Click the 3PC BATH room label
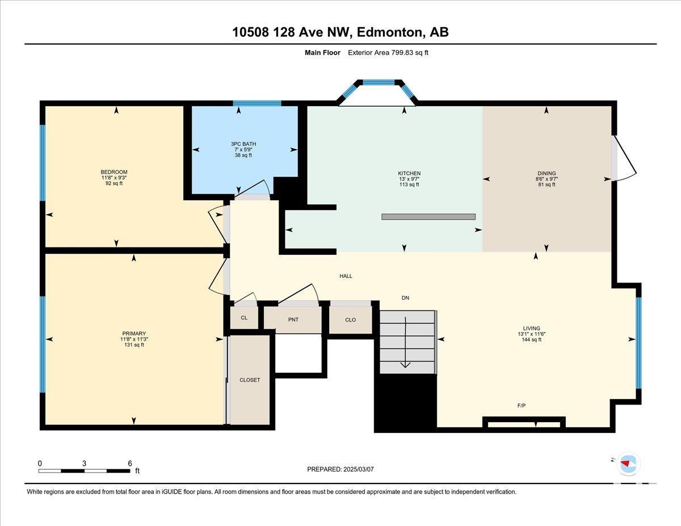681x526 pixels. coord(243,144)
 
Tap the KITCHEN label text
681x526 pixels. coord(409,173)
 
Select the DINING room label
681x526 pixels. coord(547,173)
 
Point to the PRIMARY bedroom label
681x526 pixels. coord(134,333)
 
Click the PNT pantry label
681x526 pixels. coord(293,319)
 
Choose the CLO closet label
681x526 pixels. coord(350,319)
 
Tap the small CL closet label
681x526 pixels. coord(244,318)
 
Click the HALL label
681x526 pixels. coord(346,276)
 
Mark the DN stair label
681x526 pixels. coord(405,298)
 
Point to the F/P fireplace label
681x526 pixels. coord(521,406)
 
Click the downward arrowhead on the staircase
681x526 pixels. coord(406,365)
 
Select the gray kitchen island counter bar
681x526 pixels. coord(428,217)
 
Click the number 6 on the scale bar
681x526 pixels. coord(130,464)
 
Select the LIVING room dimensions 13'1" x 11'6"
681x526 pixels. coord(532,334)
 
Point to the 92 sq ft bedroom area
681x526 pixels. coord(113,183)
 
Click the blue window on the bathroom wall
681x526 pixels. coord(257,103)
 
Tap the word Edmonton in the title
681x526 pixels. coord(389,32)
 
